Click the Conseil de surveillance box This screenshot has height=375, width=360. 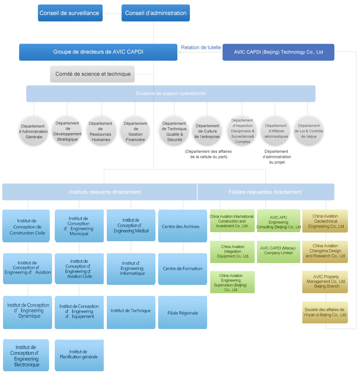pos(70,13)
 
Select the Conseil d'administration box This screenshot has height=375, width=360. pos(155,13)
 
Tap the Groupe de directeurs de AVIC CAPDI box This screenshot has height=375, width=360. pos(98,52)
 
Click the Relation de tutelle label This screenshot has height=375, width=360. pos(201,47)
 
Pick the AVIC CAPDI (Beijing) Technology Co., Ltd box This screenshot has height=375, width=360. pos(278,52)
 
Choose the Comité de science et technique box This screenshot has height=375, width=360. pos(92,74)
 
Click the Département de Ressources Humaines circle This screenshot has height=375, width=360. pos(100,131)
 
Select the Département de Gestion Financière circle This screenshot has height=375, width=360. pos(135,131)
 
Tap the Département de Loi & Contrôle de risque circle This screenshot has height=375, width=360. pos(308,131)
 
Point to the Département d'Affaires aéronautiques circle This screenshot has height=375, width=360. pos(275,131)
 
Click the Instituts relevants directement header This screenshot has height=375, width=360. pos(105,192)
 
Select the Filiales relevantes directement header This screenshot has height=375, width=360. pos(265,192)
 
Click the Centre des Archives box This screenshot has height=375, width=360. pos(183,226)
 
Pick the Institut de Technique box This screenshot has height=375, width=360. pos(131,311)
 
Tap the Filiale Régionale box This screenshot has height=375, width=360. pos(183,313)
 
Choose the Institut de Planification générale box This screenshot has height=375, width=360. pos(79,355)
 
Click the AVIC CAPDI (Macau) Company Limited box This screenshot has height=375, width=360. pos(278,251)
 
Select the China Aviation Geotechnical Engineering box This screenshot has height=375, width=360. pos(325,222)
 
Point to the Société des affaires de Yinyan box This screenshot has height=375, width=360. pos(325,312)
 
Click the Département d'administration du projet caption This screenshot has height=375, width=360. pos(277,157)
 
